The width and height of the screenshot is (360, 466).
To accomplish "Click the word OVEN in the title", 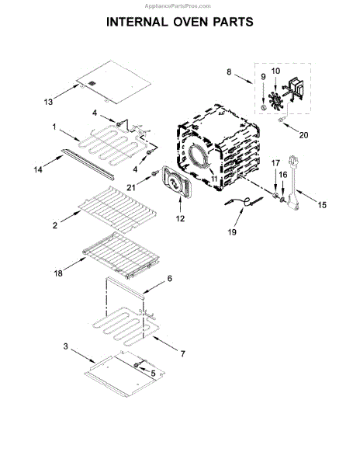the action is click(x=189, y=22).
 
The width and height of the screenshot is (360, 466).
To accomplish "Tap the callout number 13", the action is click(x=48, y=102).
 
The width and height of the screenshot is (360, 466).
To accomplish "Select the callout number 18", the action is click(x=58, y=273).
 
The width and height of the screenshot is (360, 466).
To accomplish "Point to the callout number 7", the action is click(x=182, y=353).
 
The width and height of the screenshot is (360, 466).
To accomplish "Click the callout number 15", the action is click(x=322, y=205).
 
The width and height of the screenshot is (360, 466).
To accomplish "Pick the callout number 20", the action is click(x=303, y=135).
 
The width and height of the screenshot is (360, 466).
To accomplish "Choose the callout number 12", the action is click(x=180, y=218).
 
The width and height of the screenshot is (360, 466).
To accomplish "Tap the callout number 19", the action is click(x=232, y=231).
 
